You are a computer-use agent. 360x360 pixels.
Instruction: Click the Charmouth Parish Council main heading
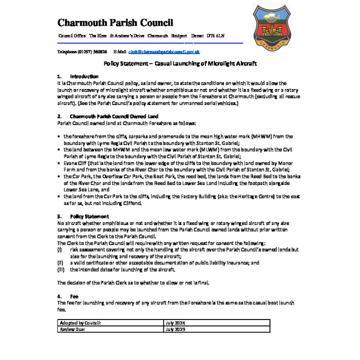115,22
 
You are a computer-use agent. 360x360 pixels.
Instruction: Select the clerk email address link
164,51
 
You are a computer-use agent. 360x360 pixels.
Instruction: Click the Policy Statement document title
180,63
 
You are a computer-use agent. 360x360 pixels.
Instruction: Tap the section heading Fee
74,296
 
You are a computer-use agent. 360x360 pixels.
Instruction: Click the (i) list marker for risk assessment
60,249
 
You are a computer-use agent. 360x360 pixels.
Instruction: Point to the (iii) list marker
61,269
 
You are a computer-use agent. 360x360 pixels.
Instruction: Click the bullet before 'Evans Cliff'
59,163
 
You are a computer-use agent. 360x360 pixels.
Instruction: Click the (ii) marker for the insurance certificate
60,262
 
